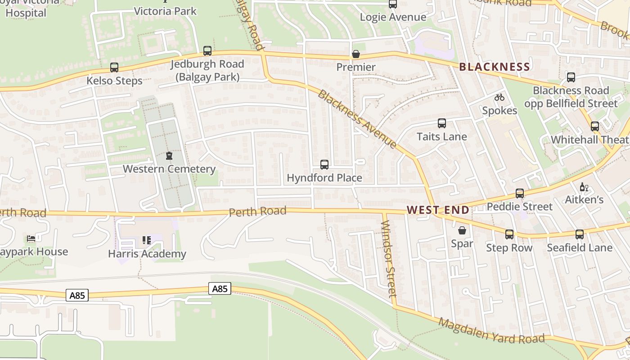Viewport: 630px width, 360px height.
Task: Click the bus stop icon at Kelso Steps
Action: pos(114,67)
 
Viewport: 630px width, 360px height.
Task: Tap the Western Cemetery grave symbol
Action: pos(169,156)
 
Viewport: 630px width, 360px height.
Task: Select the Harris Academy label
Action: pos(147,254)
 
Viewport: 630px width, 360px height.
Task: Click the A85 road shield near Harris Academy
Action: pos(220,288)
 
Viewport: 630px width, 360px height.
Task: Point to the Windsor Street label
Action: pos(388,258)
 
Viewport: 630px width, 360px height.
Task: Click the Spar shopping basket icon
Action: pos(462,231)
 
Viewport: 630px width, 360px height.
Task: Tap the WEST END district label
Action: pos(438,210)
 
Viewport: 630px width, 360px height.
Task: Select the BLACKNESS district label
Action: pos(494,67)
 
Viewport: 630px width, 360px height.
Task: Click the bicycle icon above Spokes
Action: pos(499,97)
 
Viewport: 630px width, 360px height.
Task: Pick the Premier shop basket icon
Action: pos(356,54)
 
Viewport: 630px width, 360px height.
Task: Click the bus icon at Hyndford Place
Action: pos(324,165)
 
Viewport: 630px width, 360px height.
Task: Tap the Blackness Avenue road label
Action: pos(357,119)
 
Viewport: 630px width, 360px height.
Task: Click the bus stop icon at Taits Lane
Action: pos(441,123)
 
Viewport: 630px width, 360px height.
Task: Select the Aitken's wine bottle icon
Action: pos(584,187)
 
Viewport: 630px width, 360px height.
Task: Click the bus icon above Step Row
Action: pos(509,234)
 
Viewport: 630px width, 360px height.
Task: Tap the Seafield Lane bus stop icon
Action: pos(579,234)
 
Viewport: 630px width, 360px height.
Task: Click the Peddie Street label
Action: pos(520,207)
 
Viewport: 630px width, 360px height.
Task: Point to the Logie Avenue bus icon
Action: pos(393,4)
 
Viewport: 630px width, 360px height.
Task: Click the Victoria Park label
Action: pos(165,11)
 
